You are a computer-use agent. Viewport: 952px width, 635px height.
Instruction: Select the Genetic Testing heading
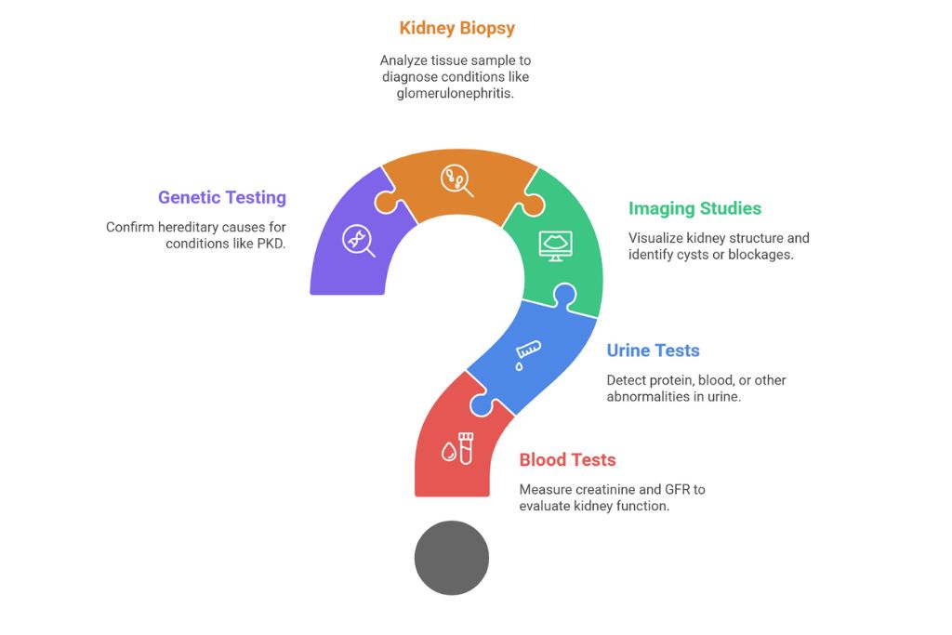[x=221, y=197]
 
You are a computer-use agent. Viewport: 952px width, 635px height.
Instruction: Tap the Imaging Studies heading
[x=694, y=208]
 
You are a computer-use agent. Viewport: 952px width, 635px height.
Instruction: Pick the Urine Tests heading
[x=653, y=351]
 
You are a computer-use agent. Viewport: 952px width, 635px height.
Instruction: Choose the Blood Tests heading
[x=567, y=459]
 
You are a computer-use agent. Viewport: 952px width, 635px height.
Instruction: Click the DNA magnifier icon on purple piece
[x=358, y=239]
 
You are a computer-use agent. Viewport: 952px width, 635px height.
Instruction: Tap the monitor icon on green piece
[x=556, y=245]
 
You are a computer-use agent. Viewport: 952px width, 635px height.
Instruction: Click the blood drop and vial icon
[x=458, y=447]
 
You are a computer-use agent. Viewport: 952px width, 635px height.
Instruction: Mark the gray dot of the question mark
[x=452, y=558]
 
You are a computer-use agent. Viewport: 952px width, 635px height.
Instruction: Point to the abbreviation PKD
[x=270, y=244]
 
